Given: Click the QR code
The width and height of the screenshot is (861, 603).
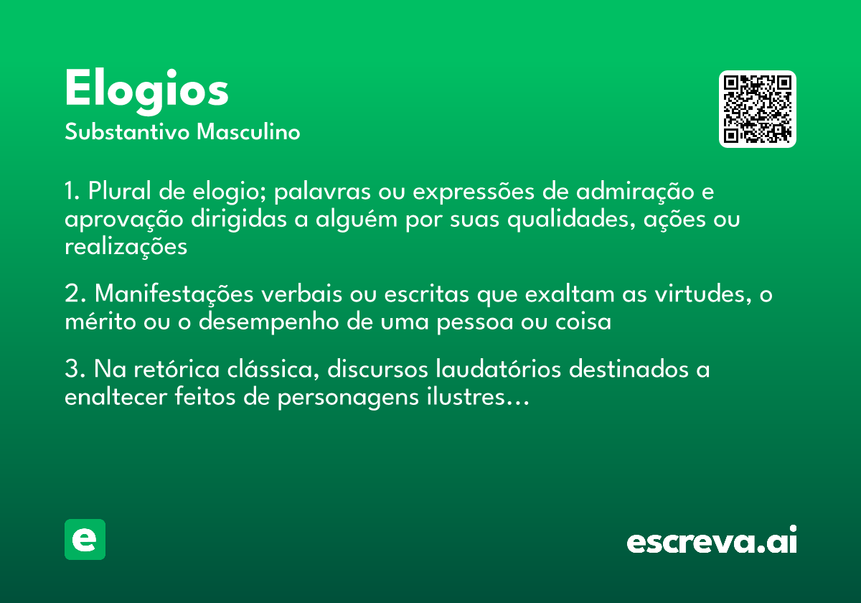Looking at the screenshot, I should point(758,109).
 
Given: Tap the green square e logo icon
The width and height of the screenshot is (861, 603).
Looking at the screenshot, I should point(85,539).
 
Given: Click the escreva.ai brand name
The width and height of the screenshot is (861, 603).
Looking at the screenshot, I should point(712,541).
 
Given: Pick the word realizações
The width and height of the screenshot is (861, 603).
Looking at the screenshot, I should point(126,247).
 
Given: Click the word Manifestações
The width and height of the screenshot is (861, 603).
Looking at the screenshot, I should point(173,294).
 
